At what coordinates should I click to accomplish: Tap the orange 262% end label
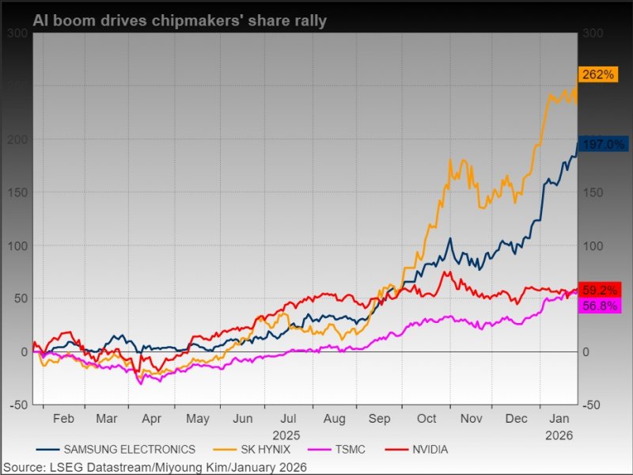[598, 74]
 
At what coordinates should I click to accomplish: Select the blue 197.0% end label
[604, 144]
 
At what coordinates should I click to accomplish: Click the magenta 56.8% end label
[600, 306]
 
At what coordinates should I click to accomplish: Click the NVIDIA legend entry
[430, 450]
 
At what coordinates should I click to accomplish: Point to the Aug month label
[335, 419]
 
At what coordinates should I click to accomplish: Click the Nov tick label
[472, 419]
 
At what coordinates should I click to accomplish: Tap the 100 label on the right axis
[593, 245]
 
